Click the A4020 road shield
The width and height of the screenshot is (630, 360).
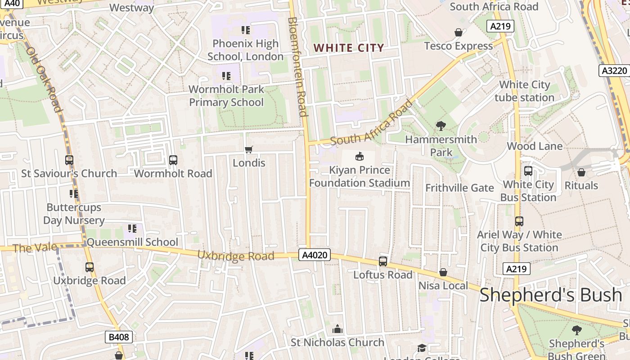pyautogui.click(x=315, y=255)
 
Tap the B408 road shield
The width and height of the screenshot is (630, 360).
pyautogui.click(x=119, y=337)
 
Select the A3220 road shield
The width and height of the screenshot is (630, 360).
pyautogui.click(x=614, y=71)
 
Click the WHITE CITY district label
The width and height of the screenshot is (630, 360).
pyautogui.click(x=349, y=48)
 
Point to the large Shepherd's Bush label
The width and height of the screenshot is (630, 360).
pyautogui.click(x=551, y=295)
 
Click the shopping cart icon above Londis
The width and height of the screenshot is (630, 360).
pyautogui.click(x=249, y=149)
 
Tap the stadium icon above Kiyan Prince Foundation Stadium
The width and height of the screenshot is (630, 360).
pyautogui.click(x=359, y=157)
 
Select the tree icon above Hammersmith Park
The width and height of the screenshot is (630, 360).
pyautogui.click(x=441, y=126)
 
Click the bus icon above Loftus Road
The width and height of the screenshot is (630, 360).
pyautogui.click(x=383, y=261)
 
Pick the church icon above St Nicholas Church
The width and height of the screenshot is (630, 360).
pyautogui.click(x=337, y=329)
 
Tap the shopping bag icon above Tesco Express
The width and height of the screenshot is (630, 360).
pyautogui.click(x=458, y=32)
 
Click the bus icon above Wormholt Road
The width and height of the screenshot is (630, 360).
pyautogui.click(x=173, y=160)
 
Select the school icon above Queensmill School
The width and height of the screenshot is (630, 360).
pyautogui.click(x=132, y=229)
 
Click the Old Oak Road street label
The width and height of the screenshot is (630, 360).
pyautogui.click(x=44, y=79)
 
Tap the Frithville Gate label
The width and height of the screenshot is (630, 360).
pyautogui.click(x=459, y=188)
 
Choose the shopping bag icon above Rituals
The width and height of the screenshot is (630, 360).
pyautogui.click(x=581, y=172)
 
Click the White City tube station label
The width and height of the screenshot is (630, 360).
pyautogui.click(x=525, y=91)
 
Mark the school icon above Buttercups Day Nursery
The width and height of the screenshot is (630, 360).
pyautogui.click(x=74, y=194)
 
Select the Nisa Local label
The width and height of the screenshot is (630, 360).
pyautogui.click(x=443, y=286)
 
